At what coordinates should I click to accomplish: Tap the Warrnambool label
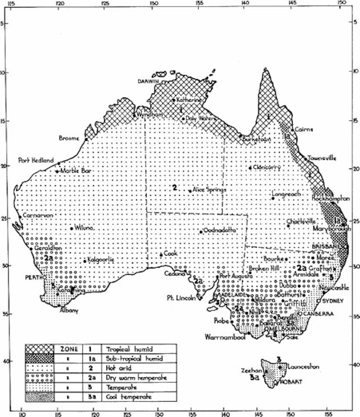pyautogui.click(x=225, y=337)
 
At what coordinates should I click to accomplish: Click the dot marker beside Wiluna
pyautogui.click(x=72, y=228)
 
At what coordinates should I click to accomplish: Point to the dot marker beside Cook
pyautogui.click(x=161, y=254)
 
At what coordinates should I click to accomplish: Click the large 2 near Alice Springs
pyautogui.click(x=175, y=188)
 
